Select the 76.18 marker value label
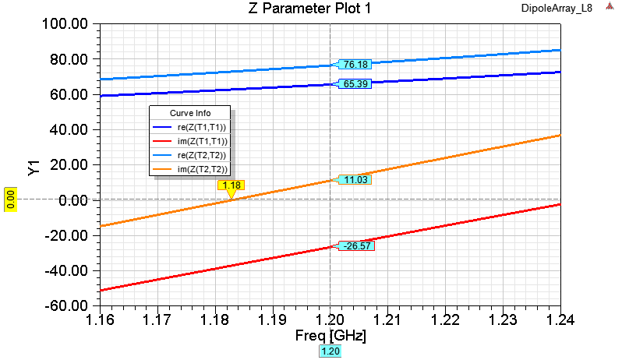[355, 64]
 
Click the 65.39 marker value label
[355, 83]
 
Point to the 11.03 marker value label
[355, 179]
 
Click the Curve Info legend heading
[190, 113]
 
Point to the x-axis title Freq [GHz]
[330, 337]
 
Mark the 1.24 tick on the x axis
[560, 319]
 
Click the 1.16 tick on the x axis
[101, 319]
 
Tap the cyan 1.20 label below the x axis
[330, 351]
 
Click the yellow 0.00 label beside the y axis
[11, 199]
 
